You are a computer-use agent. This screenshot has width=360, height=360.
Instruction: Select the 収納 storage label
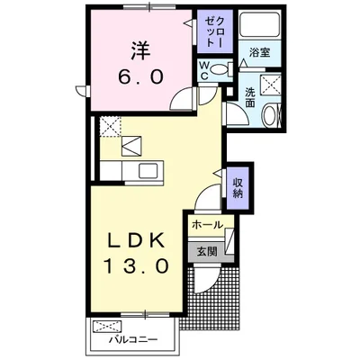click(x=238, y=188)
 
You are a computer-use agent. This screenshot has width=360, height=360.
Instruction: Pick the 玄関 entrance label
click(x=208, y=251)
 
